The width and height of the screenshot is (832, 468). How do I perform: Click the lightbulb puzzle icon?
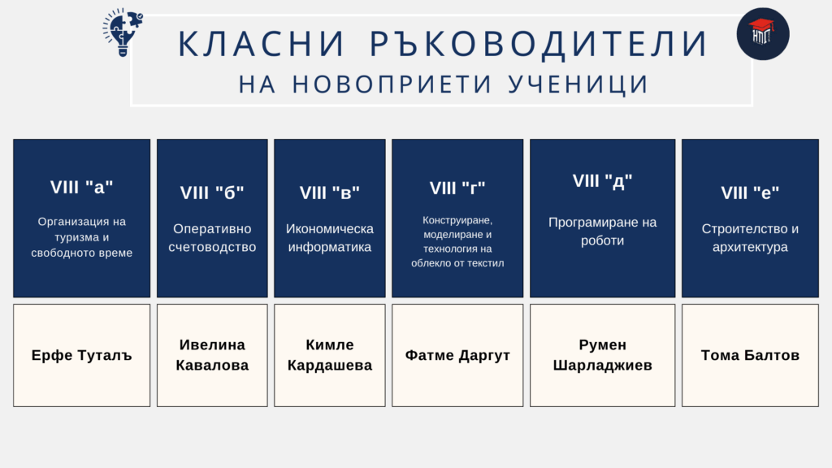pos(123,32)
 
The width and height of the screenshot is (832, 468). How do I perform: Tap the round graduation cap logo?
pos(762,34)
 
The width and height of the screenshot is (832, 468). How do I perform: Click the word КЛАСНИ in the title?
pos(262,44)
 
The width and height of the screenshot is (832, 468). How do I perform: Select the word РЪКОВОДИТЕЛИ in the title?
pos(539,44)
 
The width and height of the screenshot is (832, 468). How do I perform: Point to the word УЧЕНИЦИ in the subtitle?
pos(578,84)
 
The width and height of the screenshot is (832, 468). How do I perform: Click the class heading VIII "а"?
pos(82,188)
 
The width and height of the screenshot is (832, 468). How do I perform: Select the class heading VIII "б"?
pos(212,193)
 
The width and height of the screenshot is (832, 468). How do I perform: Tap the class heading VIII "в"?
pos(330,193)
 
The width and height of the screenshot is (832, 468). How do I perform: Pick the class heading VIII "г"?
pos(457,188)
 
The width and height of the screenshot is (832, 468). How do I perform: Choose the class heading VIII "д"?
pos(602,181)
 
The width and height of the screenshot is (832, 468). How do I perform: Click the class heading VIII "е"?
pos(750,193)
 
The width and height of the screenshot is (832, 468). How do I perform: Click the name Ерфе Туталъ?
pos(82,355)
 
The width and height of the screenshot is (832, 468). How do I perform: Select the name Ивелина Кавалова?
pos(212,355)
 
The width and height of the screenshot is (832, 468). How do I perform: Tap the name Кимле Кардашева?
pos(330,355)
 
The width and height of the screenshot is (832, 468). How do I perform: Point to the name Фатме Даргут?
pos(457,355)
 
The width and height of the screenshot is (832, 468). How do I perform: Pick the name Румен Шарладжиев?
pos(602,355)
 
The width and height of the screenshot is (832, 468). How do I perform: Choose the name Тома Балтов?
pos(750,355)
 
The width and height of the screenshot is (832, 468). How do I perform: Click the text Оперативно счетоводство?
pos(212,238)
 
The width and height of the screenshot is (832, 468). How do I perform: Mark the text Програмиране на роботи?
pos(602,232)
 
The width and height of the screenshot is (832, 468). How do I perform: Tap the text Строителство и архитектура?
pos(750,238)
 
